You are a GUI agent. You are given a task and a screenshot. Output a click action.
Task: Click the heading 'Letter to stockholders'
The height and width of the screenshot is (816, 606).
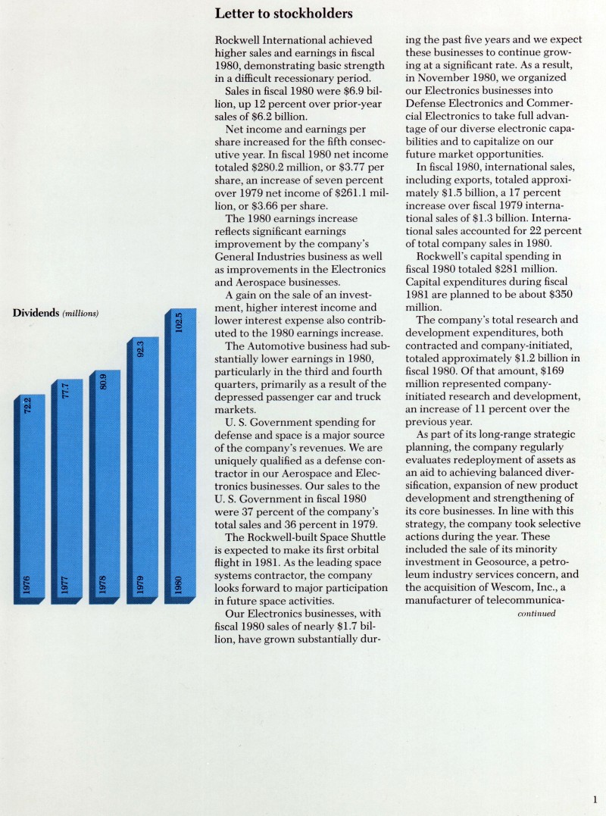pyautogui.click(x=283, y=14)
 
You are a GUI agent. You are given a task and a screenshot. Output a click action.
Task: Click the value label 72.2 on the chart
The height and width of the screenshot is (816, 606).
pyautogui.click(x=28, y=408)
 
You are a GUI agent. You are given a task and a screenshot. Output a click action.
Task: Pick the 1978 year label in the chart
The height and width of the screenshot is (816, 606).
pyautogui.click(x=104, y=586)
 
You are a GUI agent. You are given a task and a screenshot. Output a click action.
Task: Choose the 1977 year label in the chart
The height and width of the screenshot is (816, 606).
pyautogui.click(x=66, y=586)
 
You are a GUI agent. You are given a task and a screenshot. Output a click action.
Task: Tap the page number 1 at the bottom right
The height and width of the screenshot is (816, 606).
pyautogui.click(x=596, y=798)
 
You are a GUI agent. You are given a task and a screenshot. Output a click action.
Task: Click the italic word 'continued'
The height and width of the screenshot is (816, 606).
pyautogui.click(x=536, y=614)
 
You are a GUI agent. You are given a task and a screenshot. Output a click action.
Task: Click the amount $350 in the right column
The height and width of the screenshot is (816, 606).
pyautogui.click(x=572, y=295)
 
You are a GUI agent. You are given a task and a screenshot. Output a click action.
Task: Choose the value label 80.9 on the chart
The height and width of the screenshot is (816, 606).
pyautogui.click(x=104, y=383)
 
